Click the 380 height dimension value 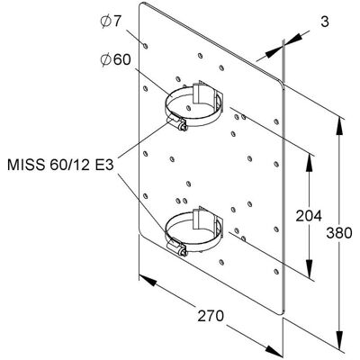(339, 233)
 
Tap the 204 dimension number (309, 216)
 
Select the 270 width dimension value (211, 316)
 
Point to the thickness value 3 (325, 22)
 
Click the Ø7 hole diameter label (110, 22)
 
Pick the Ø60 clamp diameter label (115, 59)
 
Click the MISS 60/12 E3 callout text (60, 165)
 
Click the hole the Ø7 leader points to (146, 46)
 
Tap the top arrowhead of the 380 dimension (339, 125)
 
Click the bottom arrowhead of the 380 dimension (339, 340)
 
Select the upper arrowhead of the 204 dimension (310, 164)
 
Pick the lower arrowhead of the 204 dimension (310, 268)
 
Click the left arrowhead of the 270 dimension (148, 280)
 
